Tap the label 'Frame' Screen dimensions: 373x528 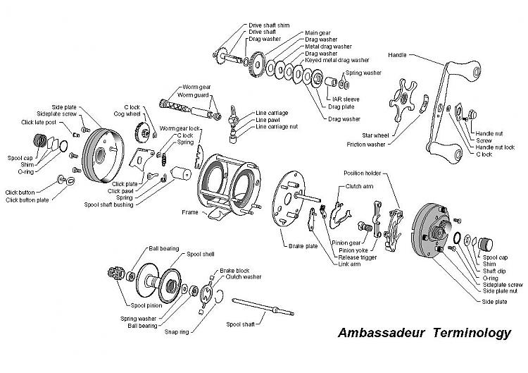coord(190,212)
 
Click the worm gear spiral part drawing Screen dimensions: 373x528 coord(177,106)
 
